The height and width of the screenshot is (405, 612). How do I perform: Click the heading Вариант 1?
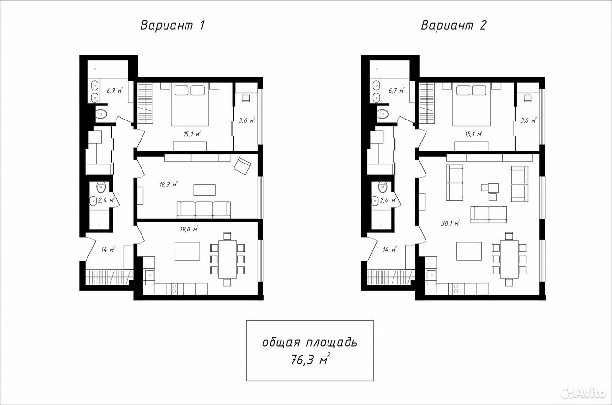(173, 25)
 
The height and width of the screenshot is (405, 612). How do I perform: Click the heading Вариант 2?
(454, 25)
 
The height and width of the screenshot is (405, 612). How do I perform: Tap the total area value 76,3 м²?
(311, 359)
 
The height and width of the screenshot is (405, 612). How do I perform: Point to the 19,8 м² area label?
(189, 229)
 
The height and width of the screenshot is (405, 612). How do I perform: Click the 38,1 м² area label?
(450, 223)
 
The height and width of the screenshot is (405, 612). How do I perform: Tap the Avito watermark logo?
(583, 393)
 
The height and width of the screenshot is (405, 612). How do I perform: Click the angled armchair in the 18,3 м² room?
(242, 165)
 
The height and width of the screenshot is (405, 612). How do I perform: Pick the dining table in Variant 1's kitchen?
(228, 259)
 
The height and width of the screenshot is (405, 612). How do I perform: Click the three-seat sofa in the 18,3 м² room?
(204, 210)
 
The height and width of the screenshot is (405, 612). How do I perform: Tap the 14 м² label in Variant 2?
(390, 249)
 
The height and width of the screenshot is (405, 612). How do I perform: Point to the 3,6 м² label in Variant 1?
(247, 120)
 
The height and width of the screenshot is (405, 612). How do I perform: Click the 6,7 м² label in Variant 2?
(396, 90)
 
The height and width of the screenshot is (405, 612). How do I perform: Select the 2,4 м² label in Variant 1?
(106, 200)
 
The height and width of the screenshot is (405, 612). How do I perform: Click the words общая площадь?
(310, 342)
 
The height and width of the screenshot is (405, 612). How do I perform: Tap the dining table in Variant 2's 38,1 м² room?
(509, 259)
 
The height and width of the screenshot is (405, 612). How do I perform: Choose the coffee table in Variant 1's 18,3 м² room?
(204, 190)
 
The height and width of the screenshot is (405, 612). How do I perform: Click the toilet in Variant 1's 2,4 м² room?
(101, 186)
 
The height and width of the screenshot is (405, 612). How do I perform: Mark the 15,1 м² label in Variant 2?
(474, 134)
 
